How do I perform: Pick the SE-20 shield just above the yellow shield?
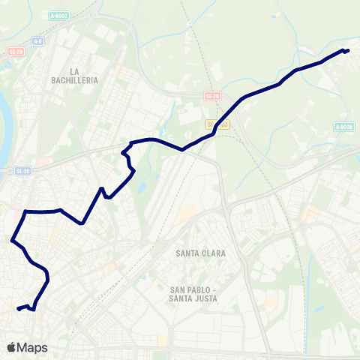pos(213,96)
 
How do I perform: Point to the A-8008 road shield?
pos(344,127)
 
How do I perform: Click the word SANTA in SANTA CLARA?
pos(189,253)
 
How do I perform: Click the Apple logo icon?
pos(11,347)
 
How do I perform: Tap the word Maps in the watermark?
pos(32,348)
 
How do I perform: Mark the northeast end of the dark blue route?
pos(348,50)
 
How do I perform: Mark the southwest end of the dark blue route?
pos(18,307)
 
